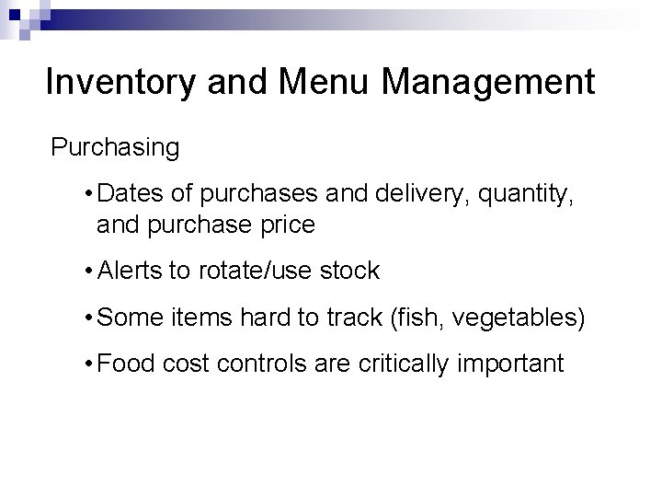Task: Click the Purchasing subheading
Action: coord(115,146)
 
